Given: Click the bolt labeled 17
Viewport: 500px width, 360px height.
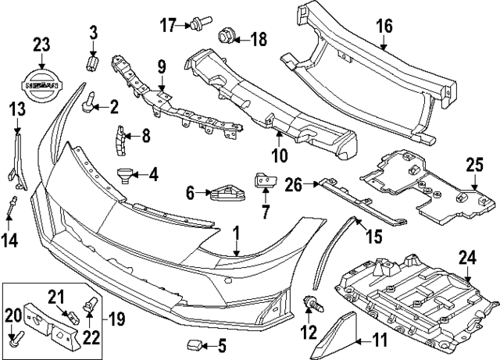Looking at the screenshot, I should click(x=191, y=26).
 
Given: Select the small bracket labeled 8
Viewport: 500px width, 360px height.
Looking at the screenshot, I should click(x=120, y=137).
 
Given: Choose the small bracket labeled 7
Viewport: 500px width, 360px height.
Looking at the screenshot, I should click(x=262, y=183).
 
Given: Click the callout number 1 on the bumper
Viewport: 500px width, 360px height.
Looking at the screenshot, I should click(x=237, y=233).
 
